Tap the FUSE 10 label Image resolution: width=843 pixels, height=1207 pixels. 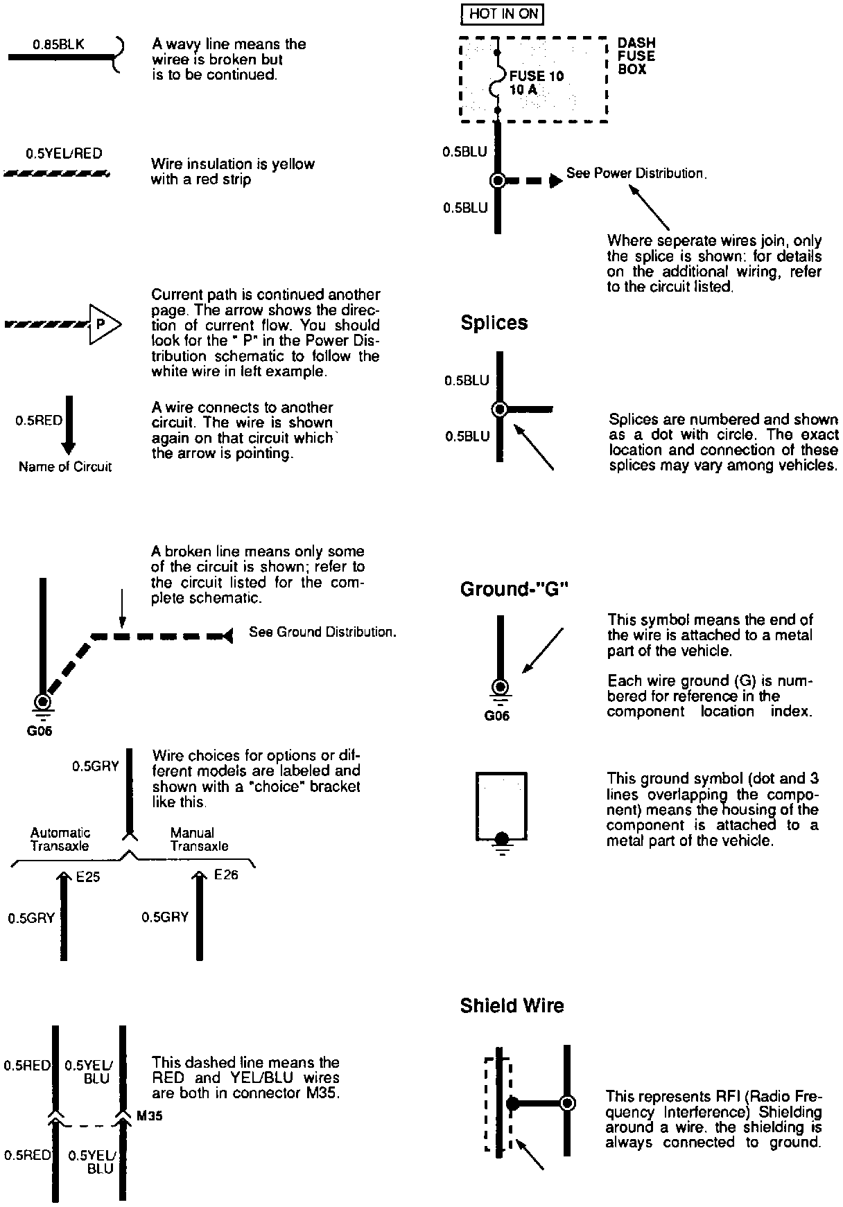click(537, 76)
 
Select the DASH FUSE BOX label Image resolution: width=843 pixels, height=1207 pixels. click(636, 56)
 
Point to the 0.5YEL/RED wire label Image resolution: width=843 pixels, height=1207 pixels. click(64, 154)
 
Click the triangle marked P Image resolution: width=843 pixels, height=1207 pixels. click(103, 324)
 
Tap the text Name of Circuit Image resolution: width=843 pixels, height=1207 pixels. click(65, 467)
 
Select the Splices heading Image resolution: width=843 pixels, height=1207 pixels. click(494, 323)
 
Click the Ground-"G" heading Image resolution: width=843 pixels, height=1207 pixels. click(514, 590)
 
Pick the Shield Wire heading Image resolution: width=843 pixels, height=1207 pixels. click(512, 1006)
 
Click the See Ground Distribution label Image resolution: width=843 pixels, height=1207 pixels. click(322, 632)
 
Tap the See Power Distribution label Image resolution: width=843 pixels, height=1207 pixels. click(636, 173)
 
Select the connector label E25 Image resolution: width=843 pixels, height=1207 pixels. click(88, 877)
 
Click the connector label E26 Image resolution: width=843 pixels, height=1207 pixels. click(226, 875)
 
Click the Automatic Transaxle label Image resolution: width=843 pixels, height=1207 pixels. click(60, 839)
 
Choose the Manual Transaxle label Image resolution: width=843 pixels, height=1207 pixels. click(199, 839)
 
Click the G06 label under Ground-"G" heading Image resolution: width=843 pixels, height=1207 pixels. click(496, 716)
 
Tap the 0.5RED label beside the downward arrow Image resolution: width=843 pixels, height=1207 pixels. click(39, 421)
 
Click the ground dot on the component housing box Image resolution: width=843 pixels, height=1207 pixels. click(502, 837)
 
